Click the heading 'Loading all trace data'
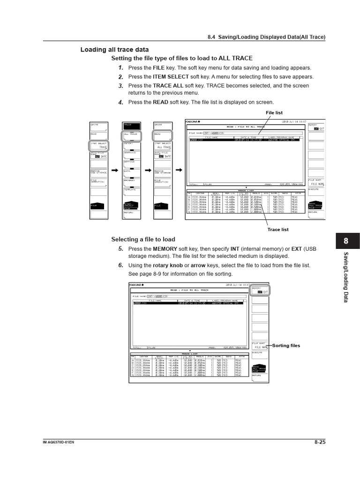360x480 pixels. pyautogui.click(x=114, y=50)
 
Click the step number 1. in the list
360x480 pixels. pyautogui.click(x=120, y=68)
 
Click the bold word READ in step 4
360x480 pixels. pyautogui.click(x=161, y=102)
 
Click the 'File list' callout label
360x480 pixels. pyautogui.click(x=274, y=113)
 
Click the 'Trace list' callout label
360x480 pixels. pyautogui.click(x=278, y=230)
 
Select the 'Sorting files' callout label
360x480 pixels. pyautogui.click(x=286, y=345)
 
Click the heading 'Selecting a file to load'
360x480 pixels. pyautogui.click(x=142, y=239)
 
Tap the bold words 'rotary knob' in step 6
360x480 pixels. pyautogui.click(x=167, y=265)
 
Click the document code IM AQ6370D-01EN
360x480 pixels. pyautogui.click(x=58, y=442)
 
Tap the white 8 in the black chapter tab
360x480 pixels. pyautogui.click(x=345, y=241)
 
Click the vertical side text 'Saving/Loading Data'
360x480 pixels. pyautogui.click(x=346, y=277)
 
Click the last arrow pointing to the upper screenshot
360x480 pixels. pyautogui.click(x=179, y=169)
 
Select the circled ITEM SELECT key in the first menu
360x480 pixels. pyautogui.click(x=99, y=145)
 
